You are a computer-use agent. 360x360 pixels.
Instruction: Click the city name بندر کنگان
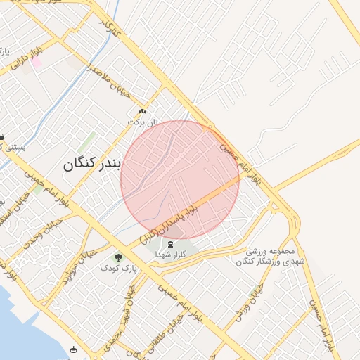coord(92,164)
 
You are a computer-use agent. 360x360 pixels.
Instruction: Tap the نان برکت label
coord(143,122)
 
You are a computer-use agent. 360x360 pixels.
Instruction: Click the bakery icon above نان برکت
coord(143,112)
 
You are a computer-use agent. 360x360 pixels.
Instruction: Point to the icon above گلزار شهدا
coord(173,243)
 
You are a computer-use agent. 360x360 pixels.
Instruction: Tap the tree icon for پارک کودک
coord(118,257)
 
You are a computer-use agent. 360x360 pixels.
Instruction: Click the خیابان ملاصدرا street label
coord(109,82)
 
